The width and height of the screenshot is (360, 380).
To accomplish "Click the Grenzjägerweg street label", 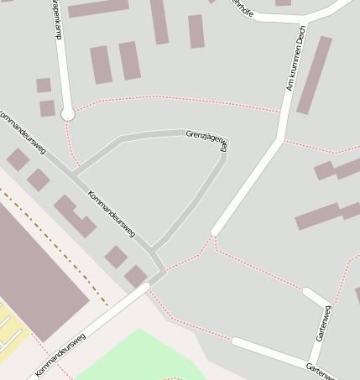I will pos(206,139).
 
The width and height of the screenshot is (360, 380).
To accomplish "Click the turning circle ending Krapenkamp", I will pos(68,113).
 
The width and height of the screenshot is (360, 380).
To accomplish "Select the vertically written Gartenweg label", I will pos(324,323).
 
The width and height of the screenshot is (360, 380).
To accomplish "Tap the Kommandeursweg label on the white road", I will pos(61,353).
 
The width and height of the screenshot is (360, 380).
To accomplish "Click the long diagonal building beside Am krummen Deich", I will pos(314,75).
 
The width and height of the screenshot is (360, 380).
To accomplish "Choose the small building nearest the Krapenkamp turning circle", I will pos(47,108).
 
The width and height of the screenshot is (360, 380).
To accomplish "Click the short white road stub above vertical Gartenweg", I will pos(316,296).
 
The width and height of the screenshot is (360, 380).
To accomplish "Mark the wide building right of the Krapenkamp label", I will pos(98,8).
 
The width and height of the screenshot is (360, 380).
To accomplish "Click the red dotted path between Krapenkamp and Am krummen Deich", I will pos(176,98).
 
